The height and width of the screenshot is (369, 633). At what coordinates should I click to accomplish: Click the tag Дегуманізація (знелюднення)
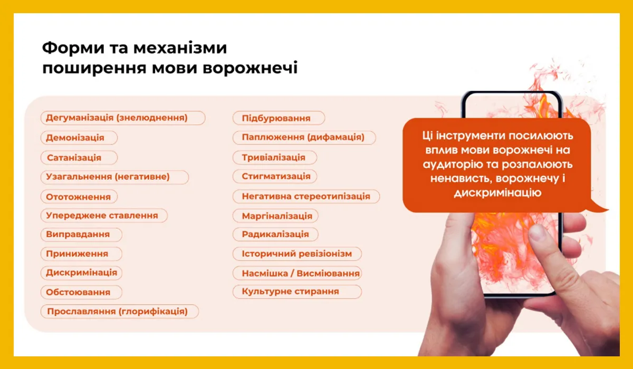[122, 118]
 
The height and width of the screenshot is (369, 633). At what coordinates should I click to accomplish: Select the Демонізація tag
[79, 138]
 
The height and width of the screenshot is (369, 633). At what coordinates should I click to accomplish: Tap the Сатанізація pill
[79, 158]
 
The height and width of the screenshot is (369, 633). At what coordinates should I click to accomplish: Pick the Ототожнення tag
[79, 197]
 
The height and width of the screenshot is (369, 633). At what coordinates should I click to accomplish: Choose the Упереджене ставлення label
[103, 216]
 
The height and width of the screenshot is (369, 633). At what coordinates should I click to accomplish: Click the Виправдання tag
[81, 235]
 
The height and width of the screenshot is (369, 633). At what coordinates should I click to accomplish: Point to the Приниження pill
[81, 254]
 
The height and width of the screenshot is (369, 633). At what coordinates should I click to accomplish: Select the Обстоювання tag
[81, 292]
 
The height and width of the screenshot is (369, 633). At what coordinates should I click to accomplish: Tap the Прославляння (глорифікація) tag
[120, 312]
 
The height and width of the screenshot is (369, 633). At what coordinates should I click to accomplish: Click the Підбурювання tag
[279, 118]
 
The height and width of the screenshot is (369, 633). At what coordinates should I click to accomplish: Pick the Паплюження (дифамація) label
[304, 138]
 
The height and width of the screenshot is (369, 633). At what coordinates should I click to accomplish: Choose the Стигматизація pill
[275, 176]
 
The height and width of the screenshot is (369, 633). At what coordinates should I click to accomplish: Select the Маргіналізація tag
[276, 216]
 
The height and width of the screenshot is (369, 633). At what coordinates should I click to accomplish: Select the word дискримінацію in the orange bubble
[497, 193]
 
